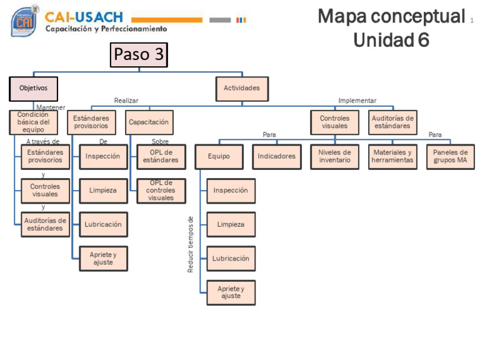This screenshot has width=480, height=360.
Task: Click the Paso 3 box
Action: pyautogui.click(x=139, y=54)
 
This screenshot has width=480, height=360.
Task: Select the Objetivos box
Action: pyautogui.click(x=33, y=89)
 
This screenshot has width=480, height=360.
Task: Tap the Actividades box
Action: pyautogui.click(x=242, y=88)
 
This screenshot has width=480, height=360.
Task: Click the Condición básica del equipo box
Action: pyautogui.click(x=33, y=122)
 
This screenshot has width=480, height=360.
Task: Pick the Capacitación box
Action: pyautogui.click(x=149, y=122)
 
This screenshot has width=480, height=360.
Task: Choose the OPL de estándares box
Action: pyautogui.click(x=161, y=156)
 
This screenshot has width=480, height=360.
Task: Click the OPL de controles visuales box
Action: pyautogui.click(x=161, y=191)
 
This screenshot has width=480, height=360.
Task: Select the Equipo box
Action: pyautogui.click(x=219, y=156)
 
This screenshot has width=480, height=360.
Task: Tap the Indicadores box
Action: pyautogui.click(x=276, y=156)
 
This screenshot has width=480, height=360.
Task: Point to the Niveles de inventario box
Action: pyautogui.click(x=334, y=156)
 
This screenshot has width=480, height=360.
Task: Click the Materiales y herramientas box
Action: pyautogui.click(x=392, y=156)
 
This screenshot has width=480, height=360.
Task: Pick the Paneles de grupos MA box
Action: pyautogui.click(x=450, y=156)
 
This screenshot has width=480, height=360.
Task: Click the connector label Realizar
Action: pyautogui.click(x=126, y=101)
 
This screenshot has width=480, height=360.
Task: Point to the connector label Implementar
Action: pyautogui.click(x=357, y=101)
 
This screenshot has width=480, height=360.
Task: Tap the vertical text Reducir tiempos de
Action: pyautogui.click(x=191, y=244)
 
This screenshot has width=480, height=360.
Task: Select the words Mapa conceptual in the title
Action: pyautogui.click(x=391, y=17)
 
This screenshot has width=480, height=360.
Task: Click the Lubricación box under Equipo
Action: pyautogui.click(x=231, y=259)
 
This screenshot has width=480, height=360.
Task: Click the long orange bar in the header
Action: pyautogui.click(x=167, y=20)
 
